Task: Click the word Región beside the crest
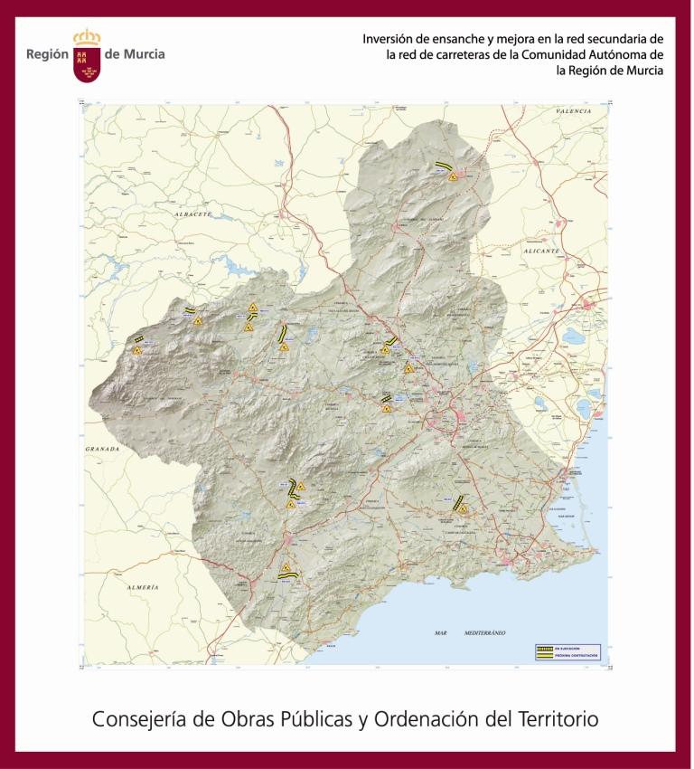point(48,54)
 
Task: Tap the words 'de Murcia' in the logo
point(135,54)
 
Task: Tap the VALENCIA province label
point(573,110)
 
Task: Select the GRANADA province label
point(103,448)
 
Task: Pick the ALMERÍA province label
point(143,587)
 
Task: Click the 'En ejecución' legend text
point(567,649)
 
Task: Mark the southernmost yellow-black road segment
point(287,573)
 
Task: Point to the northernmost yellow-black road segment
point(443,166)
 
